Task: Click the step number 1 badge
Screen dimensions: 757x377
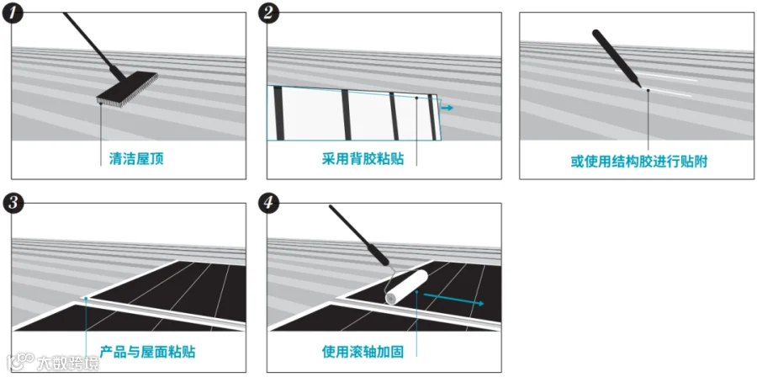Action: pos(14,14)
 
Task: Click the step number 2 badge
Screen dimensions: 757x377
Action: pos(269,14)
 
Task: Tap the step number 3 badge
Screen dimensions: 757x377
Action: pos(14,204)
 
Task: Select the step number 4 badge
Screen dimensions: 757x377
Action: pos(269,204)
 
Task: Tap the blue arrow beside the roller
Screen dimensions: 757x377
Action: pos(454,299)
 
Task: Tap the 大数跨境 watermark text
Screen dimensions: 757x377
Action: pos(67,364)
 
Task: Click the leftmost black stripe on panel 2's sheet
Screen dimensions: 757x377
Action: pos(278,113)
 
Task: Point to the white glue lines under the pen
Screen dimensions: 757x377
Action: pos(673,88)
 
